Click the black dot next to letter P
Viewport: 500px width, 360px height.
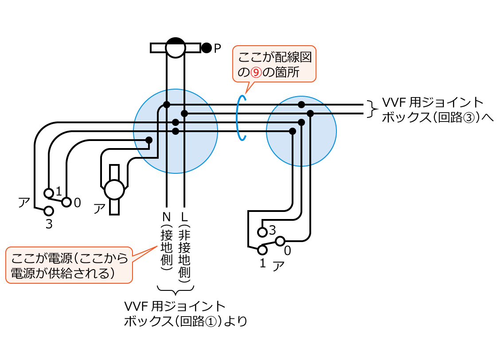point(206,48)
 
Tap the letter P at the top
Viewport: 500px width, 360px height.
point(217,48)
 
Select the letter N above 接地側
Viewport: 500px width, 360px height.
point(166,217)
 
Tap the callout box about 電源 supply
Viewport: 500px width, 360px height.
point(69,265)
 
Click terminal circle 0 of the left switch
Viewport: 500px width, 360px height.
point(66,202)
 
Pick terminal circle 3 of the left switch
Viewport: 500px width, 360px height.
point(49,211)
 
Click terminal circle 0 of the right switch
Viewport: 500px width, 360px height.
point(280,241)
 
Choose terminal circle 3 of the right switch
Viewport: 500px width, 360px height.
point(262,231)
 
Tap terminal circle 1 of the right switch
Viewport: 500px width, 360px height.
point(262,250)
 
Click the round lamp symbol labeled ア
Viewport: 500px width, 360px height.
point(114,190)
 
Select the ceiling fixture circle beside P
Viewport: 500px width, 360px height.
point(175,47)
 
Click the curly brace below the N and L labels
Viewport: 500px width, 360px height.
point(176,291)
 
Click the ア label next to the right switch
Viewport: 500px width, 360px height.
point(278,265)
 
